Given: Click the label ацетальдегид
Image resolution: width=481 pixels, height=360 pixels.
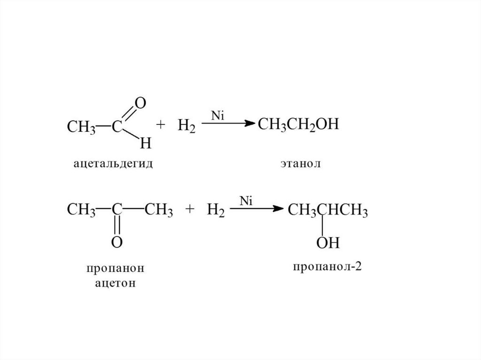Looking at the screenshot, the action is point(113,164).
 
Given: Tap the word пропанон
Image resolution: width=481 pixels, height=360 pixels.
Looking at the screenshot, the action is point(114,269).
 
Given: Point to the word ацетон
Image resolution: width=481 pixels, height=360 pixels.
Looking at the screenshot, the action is point(114,284).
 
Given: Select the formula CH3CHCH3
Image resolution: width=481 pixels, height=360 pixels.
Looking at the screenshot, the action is point(327,209).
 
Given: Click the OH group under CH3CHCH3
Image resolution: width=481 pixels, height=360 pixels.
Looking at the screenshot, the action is point(328,243).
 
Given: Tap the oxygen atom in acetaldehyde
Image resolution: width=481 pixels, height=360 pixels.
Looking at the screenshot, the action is point(140,103).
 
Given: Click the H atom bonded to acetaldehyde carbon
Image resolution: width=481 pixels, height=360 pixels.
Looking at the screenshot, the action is point(146,143).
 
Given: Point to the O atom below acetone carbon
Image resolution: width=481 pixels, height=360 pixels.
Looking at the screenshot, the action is point(117,243).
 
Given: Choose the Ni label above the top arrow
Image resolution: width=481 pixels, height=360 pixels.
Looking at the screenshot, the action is point(217,115).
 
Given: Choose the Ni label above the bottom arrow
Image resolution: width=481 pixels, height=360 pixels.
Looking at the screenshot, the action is point(247,200).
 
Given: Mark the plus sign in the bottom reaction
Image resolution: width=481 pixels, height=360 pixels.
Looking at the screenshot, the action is point(190,210).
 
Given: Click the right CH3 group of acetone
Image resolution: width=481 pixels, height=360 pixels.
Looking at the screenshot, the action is point(159,209).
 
